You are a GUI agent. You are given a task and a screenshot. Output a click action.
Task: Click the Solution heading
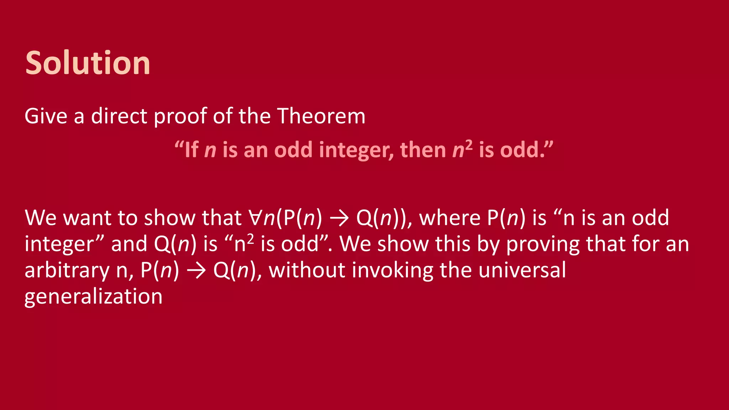point(88,63)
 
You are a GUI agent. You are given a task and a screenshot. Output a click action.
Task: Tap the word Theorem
point(321,116)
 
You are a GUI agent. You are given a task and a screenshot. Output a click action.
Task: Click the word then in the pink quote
point(423,149)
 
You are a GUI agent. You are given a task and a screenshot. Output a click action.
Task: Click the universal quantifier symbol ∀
point(256,217)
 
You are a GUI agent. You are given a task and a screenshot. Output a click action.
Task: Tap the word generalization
point(93,296)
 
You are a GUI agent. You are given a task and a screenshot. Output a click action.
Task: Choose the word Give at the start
point(46,116)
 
